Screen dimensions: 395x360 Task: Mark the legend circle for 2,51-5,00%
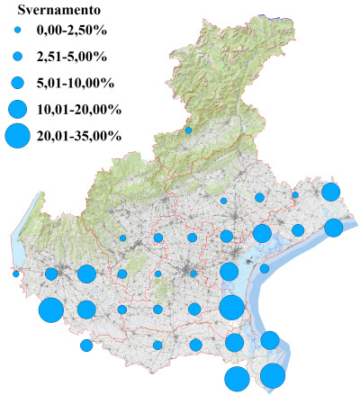pos(17,58)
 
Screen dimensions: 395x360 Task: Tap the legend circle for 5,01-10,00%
pos(17,83)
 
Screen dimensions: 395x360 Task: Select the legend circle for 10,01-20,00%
pos(17,109)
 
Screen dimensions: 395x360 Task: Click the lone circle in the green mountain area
pos(188,130)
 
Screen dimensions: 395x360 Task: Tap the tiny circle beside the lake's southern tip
pos(16,274)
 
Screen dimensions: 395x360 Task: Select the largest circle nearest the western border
pos(50,310)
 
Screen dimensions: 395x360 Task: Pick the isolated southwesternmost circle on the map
pos(86,345)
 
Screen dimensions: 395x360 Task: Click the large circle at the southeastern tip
pos(273,376)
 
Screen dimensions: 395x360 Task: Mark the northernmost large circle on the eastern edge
pos(330,192)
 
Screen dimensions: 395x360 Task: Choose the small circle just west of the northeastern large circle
pos(294,194)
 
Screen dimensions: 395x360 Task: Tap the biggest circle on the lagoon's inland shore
pos(231,307)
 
